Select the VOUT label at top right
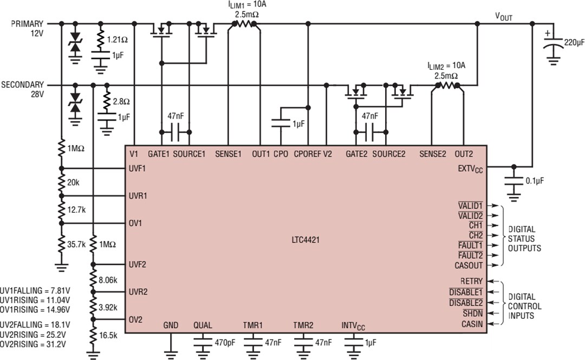[503, 17]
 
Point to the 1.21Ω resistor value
[117, 40]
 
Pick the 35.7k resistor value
[76, 244]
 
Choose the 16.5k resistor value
[108, 335]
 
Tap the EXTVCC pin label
[470, 169]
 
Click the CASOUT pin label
[469, 265]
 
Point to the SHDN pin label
[473, 313]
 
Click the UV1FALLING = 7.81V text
[35, 291]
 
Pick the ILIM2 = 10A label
[446, 66]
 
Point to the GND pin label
[171, 325]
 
